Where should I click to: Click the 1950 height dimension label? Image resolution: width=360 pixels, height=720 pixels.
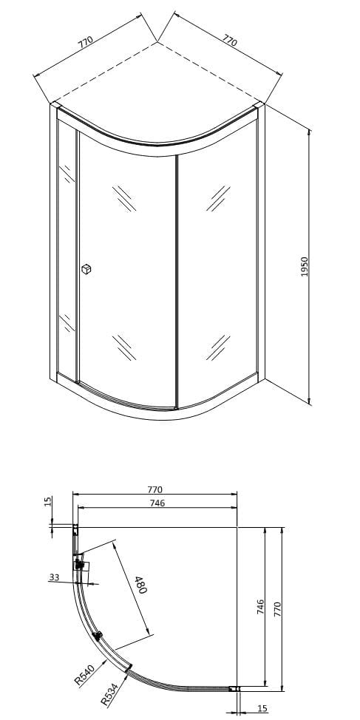click(305, 267)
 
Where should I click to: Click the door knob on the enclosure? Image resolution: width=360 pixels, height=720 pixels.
click(86, 270)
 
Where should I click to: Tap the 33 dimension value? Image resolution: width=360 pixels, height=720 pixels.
click(54, 577)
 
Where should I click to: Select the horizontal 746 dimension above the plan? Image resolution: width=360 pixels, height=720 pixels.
click(157, 503)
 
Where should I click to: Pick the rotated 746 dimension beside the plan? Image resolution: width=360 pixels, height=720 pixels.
click(260, 607)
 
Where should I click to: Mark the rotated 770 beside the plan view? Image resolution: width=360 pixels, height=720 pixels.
click(278, 610)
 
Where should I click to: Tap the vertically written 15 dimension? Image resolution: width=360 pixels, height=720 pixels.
click(48, 502)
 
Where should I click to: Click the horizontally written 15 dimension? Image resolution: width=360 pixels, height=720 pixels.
click(263, 708)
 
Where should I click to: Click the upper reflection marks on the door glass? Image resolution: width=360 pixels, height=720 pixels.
click(124, 198)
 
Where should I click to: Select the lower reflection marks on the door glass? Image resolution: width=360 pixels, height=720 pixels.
click(124, 347)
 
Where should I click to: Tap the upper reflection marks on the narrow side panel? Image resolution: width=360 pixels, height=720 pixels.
click(67, 174)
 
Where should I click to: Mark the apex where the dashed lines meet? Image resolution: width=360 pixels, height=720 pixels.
click(157, 42)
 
